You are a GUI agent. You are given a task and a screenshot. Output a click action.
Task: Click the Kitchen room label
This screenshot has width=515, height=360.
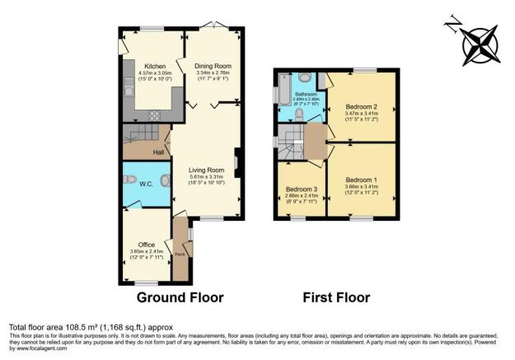[156, 67]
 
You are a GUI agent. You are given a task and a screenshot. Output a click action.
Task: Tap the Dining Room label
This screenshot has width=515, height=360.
[213, 66]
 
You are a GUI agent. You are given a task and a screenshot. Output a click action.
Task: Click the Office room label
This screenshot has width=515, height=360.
[147, 245]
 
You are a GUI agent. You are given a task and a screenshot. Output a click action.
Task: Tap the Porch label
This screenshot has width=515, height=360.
[180, 254]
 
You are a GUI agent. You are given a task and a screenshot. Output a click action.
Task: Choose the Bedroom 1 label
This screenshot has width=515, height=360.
[362, 180]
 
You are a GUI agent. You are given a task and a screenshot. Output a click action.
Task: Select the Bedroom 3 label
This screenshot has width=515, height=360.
[302, 189]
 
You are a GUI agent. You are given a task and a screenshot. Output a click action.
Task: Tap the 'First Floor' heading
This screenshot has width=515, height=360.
[335, 297]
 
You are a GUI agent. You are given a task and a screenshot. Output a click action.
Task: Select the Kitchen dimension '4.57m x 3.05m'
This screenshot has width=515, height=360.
[156, 74]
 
